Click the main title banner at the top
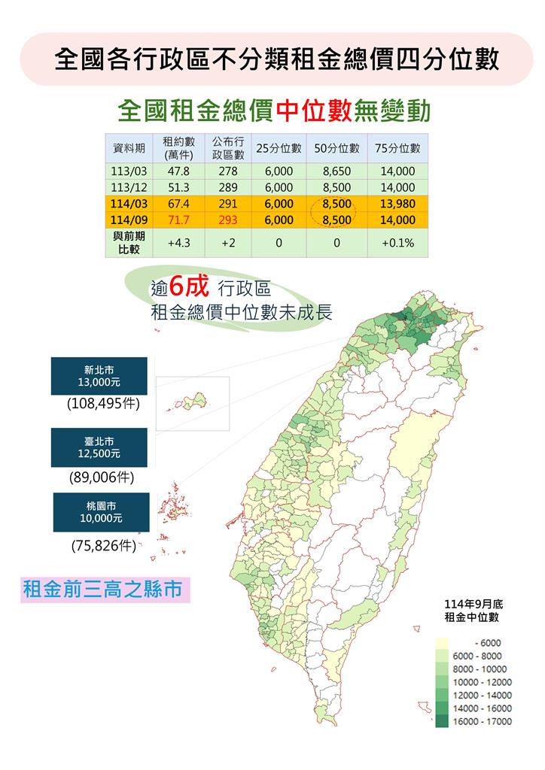[277, 59]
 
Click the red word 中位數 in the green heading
[315, 111]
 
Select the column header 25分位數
[279, 147]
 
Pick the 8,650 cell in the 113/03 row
[336, 171]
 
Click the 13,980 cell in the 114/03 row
[397, 204]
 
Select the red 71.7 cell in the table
[178, 220]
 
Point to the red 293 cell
[228, 220]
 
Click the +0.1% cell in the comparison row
[397, 243]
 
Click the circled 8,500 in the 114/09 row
[336, 220]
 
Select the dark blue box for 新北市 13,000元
[100, 376]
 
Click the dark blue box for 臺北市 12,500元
[100, 447]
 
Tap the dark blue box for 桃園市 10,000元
[101, 512]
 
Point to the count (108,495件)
[103, 404]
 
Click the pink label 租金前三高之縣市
[103, 589]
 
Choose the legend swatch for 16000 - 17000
[443, 721]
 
